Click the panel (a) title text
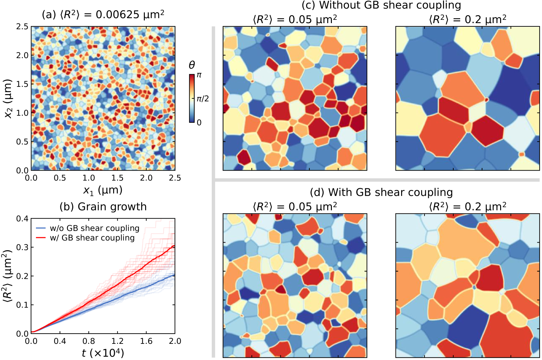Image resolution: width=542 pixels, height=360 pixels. click(103, 15)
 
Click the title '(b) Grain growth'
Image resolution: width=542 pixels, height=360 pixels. click(103, 207)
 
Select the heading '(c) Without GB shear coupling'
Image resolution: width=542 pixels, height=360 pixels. click(381, 5)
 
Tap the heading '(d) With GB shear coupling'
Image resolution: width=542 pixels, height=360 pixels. click(381, 192)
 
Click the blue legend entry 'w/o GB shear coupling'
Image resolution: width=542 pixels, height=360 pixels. click(94, 228)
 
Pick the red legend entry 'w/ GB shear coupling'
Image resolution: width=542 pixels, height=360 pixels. click(92, 238)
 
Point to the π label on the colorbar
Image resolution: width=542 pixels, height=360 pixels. click(199, 75)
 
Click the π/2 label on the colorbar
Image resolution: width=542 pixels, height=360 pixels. click(203, 99)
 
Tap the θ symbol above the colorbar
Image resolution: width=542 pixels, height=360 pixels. click(192, 65)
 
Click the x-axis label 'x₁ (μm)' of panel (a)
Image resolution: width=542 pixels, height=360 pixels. click(103, 190)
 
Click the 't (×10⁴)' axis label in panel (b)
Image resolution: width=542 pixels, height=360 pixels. click(103, 353)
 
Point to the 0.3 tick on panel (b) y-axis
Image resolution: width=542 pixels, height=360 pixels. click(22, 247)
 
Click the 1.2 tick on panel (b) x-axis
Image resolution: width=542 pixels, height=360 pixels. click(117, 341)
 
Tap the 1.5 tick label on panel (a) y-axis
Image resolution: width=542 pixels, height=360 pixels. click(22, 84)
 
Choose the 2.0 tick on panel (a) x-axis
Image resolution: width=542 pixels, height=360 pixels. click(146, 178)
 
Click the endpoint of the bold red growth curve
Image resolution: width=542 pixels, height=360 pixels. click(175, 246)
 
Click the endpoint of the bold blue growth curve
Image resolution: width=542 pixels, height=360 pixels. click(175, 275)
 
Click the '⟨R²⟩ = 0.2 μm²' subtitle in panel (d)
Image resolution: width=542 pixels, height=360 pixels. click(467, 207)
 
